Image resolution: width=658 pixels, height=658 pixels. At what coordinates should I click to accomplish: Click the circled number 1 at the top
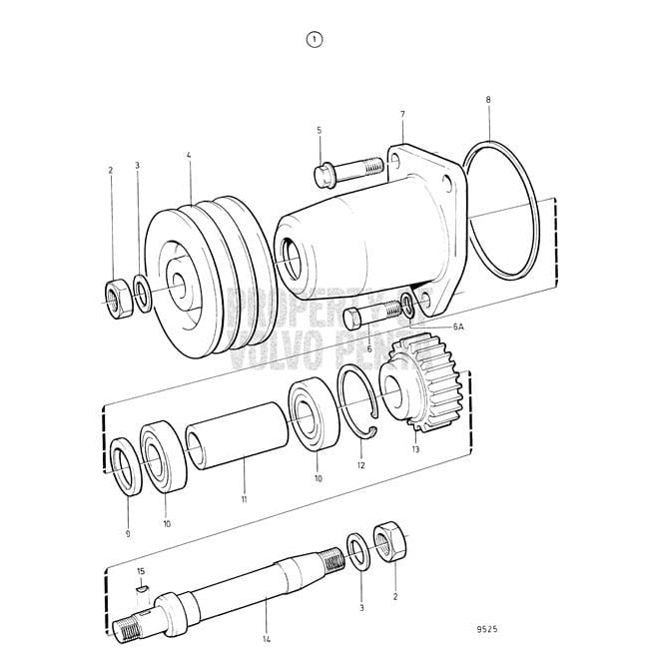click(315, 40)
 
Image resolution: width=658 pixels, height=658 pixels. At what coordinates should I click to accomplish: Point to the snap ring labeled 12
click(355, 403)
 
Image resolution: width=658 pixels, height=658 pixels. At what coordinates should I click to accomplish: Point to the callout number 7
click(402, 116)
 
